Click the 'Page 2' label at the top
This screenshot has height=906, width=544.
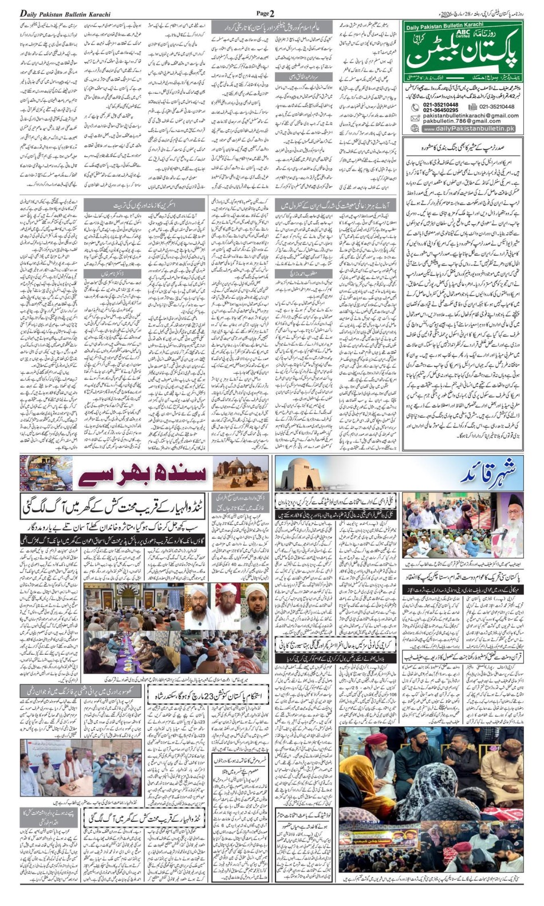265,13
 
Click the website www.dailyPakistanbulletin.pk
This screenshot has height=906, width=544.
469,129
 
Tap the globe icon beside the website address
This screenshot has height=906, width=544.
415,129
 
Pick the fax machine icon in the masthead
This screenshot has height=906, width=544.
472,106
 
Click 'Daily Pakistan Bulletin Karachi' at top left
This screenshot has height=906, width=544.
65,14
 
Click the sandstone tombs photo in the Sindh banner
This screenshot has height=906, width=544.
240,473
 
